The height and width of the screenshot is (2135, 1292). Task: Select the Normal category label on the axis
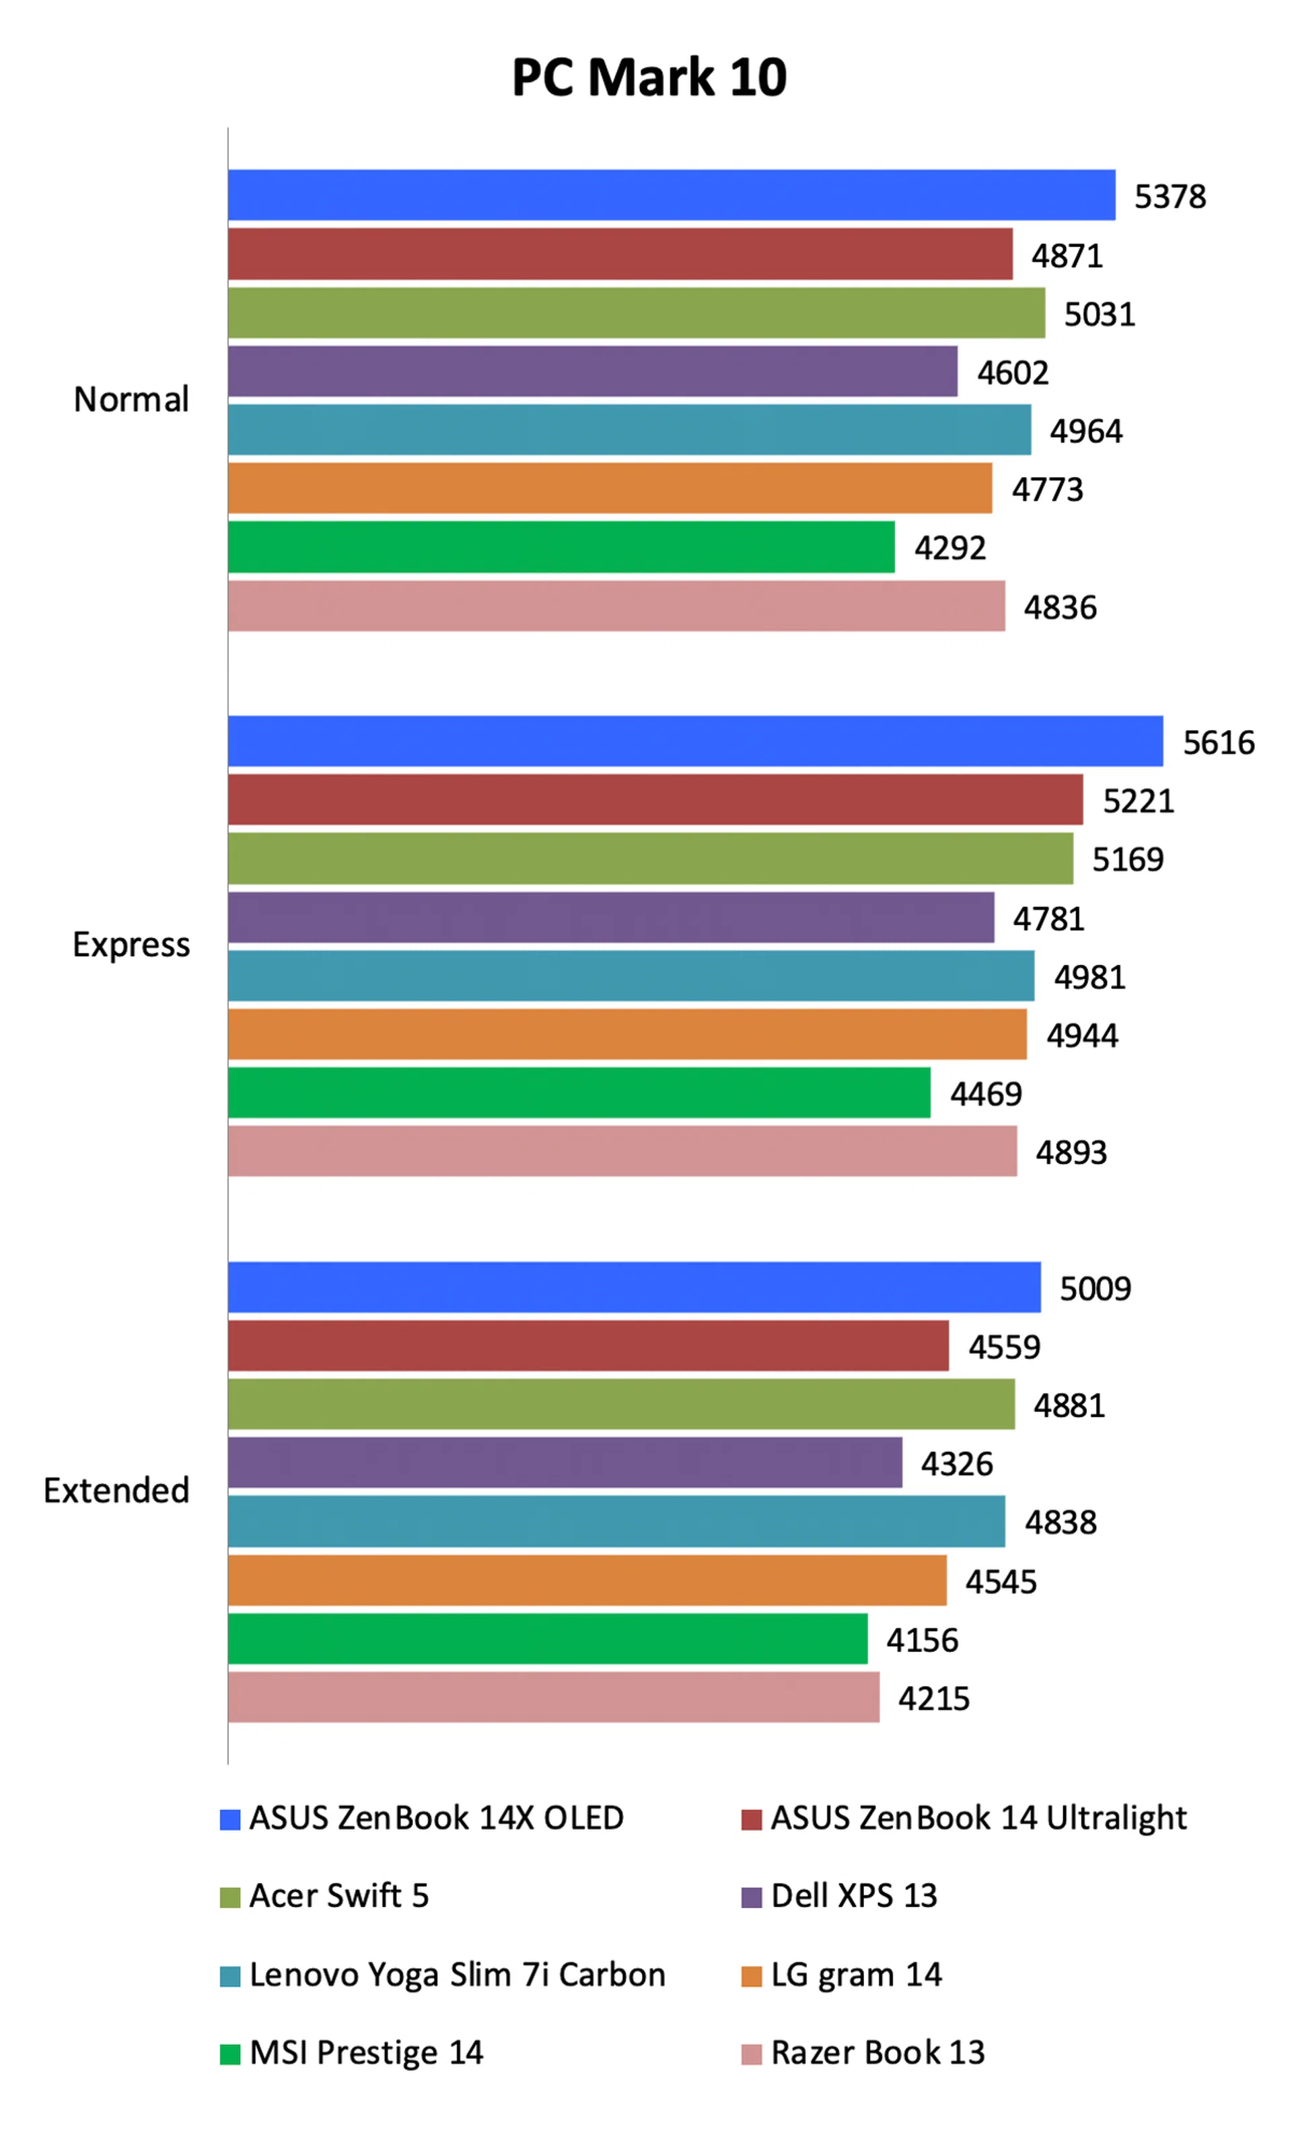click(x=131, y=400)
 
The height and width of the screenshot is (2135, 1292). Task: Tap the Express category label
click(x=131, y=945)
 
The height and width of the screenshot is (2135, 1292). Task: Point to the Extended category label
click(x=116, y=1490)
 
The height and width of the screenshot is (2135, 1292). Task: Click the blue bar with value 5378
click(x=671, y=195)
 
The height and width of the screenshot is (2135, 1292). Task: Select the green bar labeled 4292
click(x=561, y=547)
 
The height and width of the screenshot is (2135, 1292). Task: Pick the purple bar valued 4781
click(x=610, y=918)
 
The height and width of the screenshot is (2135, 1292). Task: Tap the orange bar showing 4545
click(x=587, y=1580)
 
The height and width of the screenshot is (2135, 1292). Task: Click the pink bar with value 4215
click(x=553, y=1696)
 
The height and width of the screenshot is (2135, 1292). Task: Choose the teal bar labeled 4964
click(x=629, y=430)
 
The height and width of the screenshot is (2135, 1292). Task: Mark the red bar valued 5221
click(x=654, y=800)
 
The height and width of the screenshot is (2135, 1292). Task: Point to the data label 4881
click(x=1069, y=1406)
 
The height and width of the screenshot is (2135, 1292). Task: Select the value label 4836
click(x=1060, y=608)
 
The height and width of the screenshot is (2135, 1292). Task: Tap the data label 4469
click(x=985, y=1093)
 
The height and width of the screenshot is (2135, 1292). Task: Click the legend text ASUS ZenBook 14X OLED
click(x=436, y=1818)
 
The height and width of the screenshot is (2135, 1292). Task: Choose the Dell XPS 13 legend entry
click(x=853, y=1896)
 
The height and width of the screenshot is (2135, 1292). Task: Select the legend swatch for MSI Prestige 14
click(x=229, y=2054)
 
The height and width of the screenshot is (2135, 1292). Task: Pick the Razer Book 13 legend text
click(x=877, y=2053)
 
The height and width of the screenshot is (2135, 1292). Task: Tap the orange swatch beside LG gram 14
click(x=750, y=1976)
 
